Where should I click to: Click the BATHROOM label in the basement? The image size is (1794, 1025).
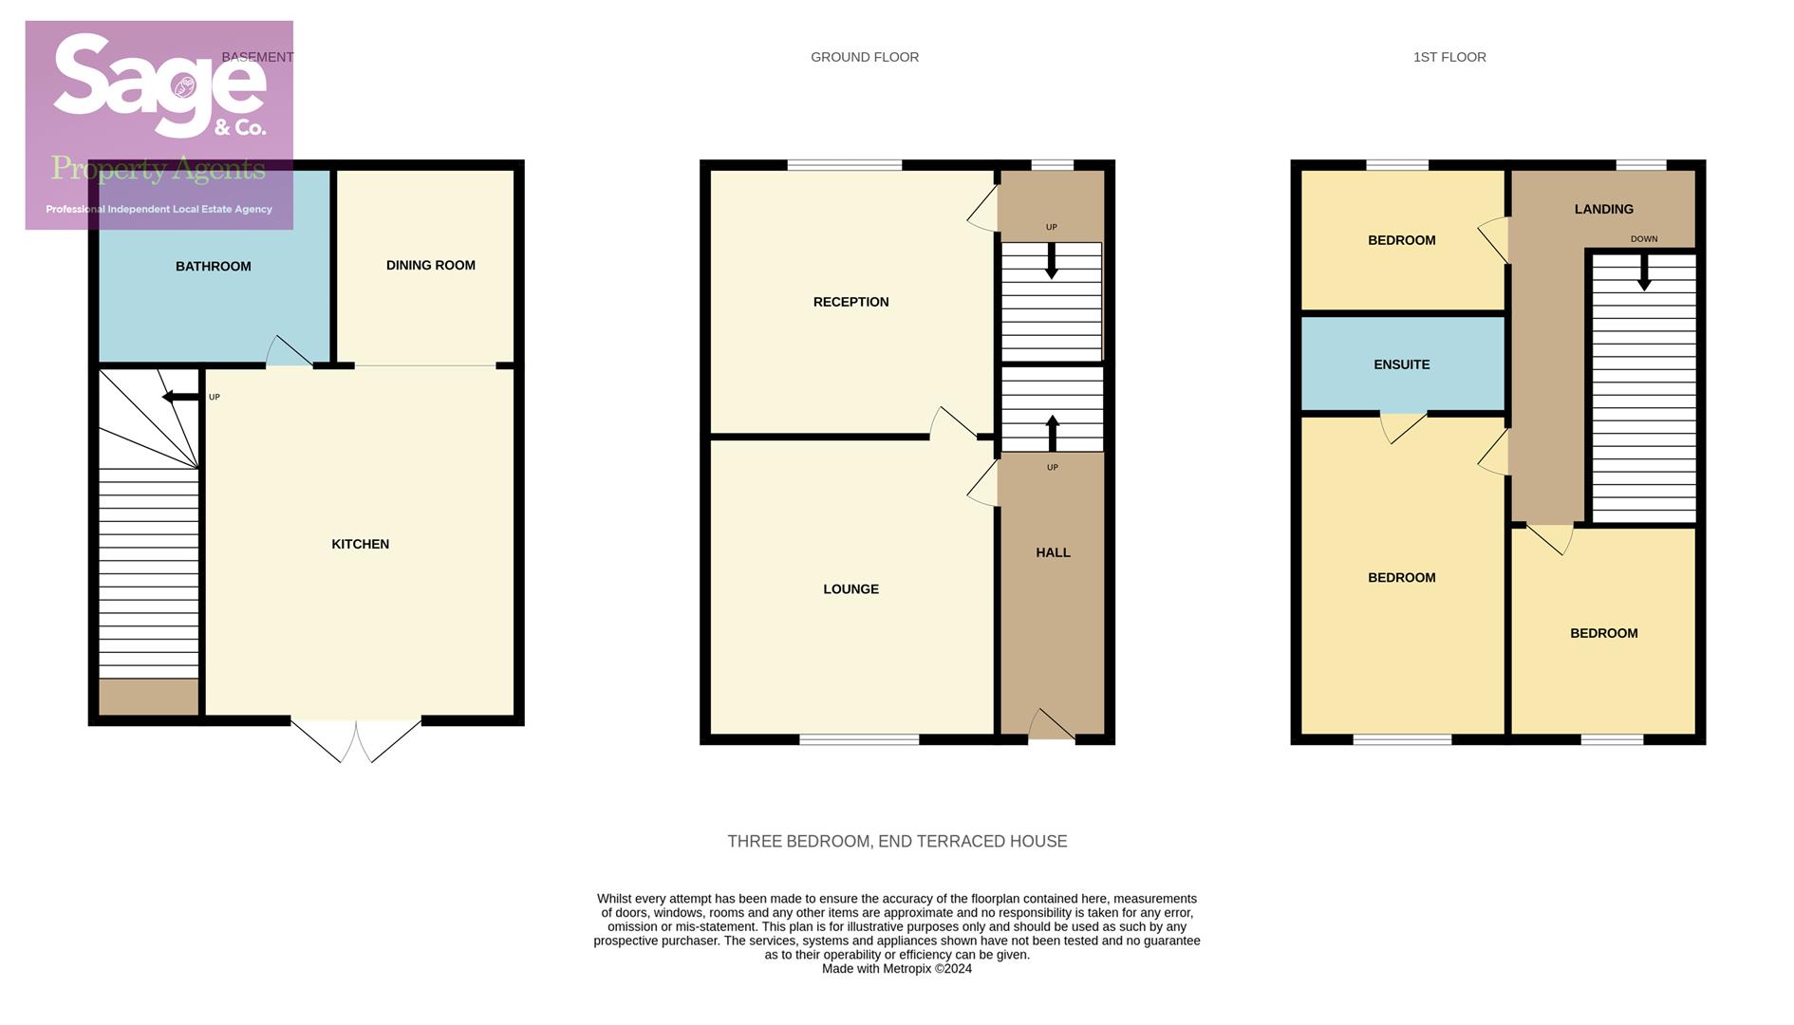coord(213,267)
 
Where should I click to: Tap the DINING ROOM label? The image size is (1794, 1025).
coord(430,266)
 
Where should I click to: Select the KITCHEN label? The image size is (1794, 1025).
coord(360,545)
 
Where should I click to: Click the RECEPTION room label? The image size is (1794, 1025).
coord(850,303)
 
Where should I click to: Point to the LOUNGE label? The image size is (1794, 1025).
coord(850,589)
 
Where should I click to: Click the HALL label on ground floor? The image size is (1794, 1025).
coord(1053,553)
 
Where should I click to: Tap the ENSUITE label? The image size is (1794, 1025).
coord(1401,365)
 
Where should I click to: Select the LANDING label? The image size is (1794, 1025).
coord(1603,210)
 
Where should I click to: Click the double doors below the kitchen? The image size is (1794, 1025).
coord(356,740)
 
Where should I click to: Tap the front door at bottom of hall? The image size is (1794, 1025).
coord(1051,727)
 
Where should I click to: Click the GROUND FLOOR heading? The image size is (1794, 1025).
coord(864,58)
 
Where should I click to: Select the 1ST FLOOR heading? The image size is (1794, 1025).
coord(1448,58)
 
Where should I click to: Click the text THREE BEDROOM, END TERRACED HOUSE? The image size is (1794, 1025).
coord(897,842)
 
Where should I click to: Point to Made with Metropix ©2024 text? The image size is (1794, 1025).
coord(896,969)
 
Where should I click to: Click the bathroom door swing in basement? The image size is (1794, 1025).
coord(287,352)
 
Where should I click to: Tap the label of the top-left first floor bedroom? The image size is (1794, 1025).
coord(1401,241)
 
